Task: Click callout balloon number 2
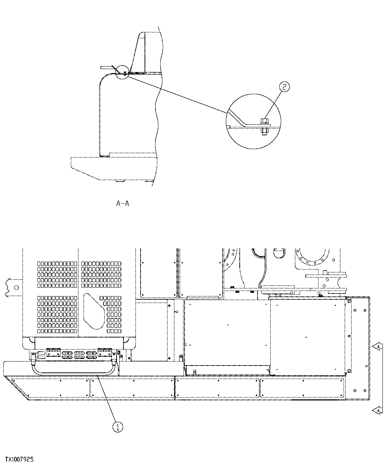(284, 87)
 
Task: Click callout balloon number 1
(118, 427)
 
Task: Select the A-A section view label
(122, 204)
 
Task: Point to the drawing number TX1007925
(19, 460)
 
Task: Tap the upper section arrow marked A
(377, 347)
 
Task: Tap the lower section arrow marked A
(377, 410)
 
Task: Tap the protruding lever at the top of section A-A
(107, 67)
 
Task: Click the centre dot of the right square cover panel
(307, 337)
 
